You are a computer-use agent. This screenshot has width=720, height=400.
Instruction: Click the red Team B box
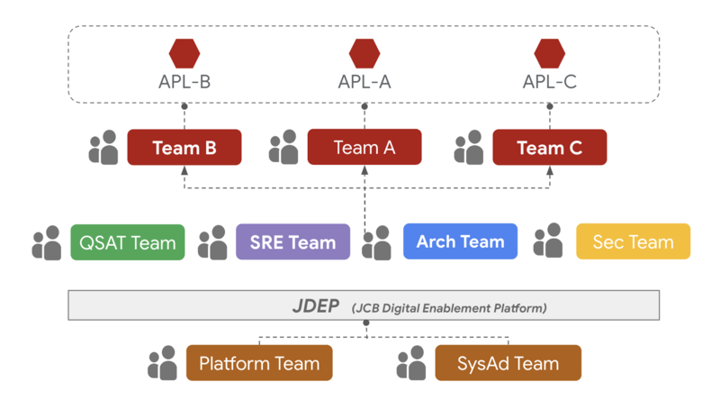[x=184, y=147]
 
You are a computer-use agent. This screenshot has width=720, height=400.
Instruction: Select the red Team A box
[x=364, y=147]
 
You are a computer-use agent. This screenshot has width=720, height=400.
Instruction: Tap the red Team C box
[x=549, y=147]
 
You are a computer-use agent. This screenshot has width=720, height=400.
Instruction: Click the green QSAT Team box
[x=127, y=242]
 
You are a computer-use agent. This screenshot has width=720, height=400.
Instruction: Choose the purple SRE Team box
[x=292, y=242]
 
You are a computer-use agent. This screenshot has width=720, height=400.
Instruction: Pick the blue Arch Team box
[x=460, y=241]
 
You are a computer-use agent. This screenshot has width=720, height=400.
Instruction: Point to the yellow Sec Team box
[x=633, y=241]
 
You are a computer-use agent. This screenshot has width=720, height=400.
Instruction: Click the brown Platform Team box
[x=259, y=363]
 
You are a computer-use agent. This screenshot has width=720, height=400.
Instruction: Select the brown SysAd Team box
[x=508, y=363]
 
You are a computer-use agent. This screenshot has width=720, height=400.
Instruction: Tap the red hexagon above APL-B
[x=184, y=53]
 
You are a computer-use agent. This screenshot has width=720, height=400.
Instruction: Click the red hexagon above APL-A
[x=364, y=53]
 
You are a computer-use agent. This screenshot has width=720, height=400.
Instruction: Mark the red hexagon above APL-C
[x=549, y=53]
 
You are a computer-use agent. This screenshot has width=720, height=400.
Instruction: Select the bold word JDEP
[x=314, y=306]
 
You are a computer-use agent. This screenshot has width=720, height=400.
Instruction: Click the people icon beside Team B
[x=103, y=147]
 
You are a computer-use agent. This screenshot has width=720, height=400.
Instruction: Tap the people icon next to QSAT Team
[x=47, y=243]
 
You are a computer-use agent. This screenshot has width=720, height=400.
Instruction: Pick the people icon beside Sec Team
[x=548, y=241]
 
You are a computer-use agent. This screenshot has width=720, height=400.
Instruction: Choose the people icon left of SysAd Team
[x=411, y=363]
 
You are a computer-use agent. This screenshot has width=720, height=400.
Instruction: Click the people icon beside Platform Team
[x=163, y=363]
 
